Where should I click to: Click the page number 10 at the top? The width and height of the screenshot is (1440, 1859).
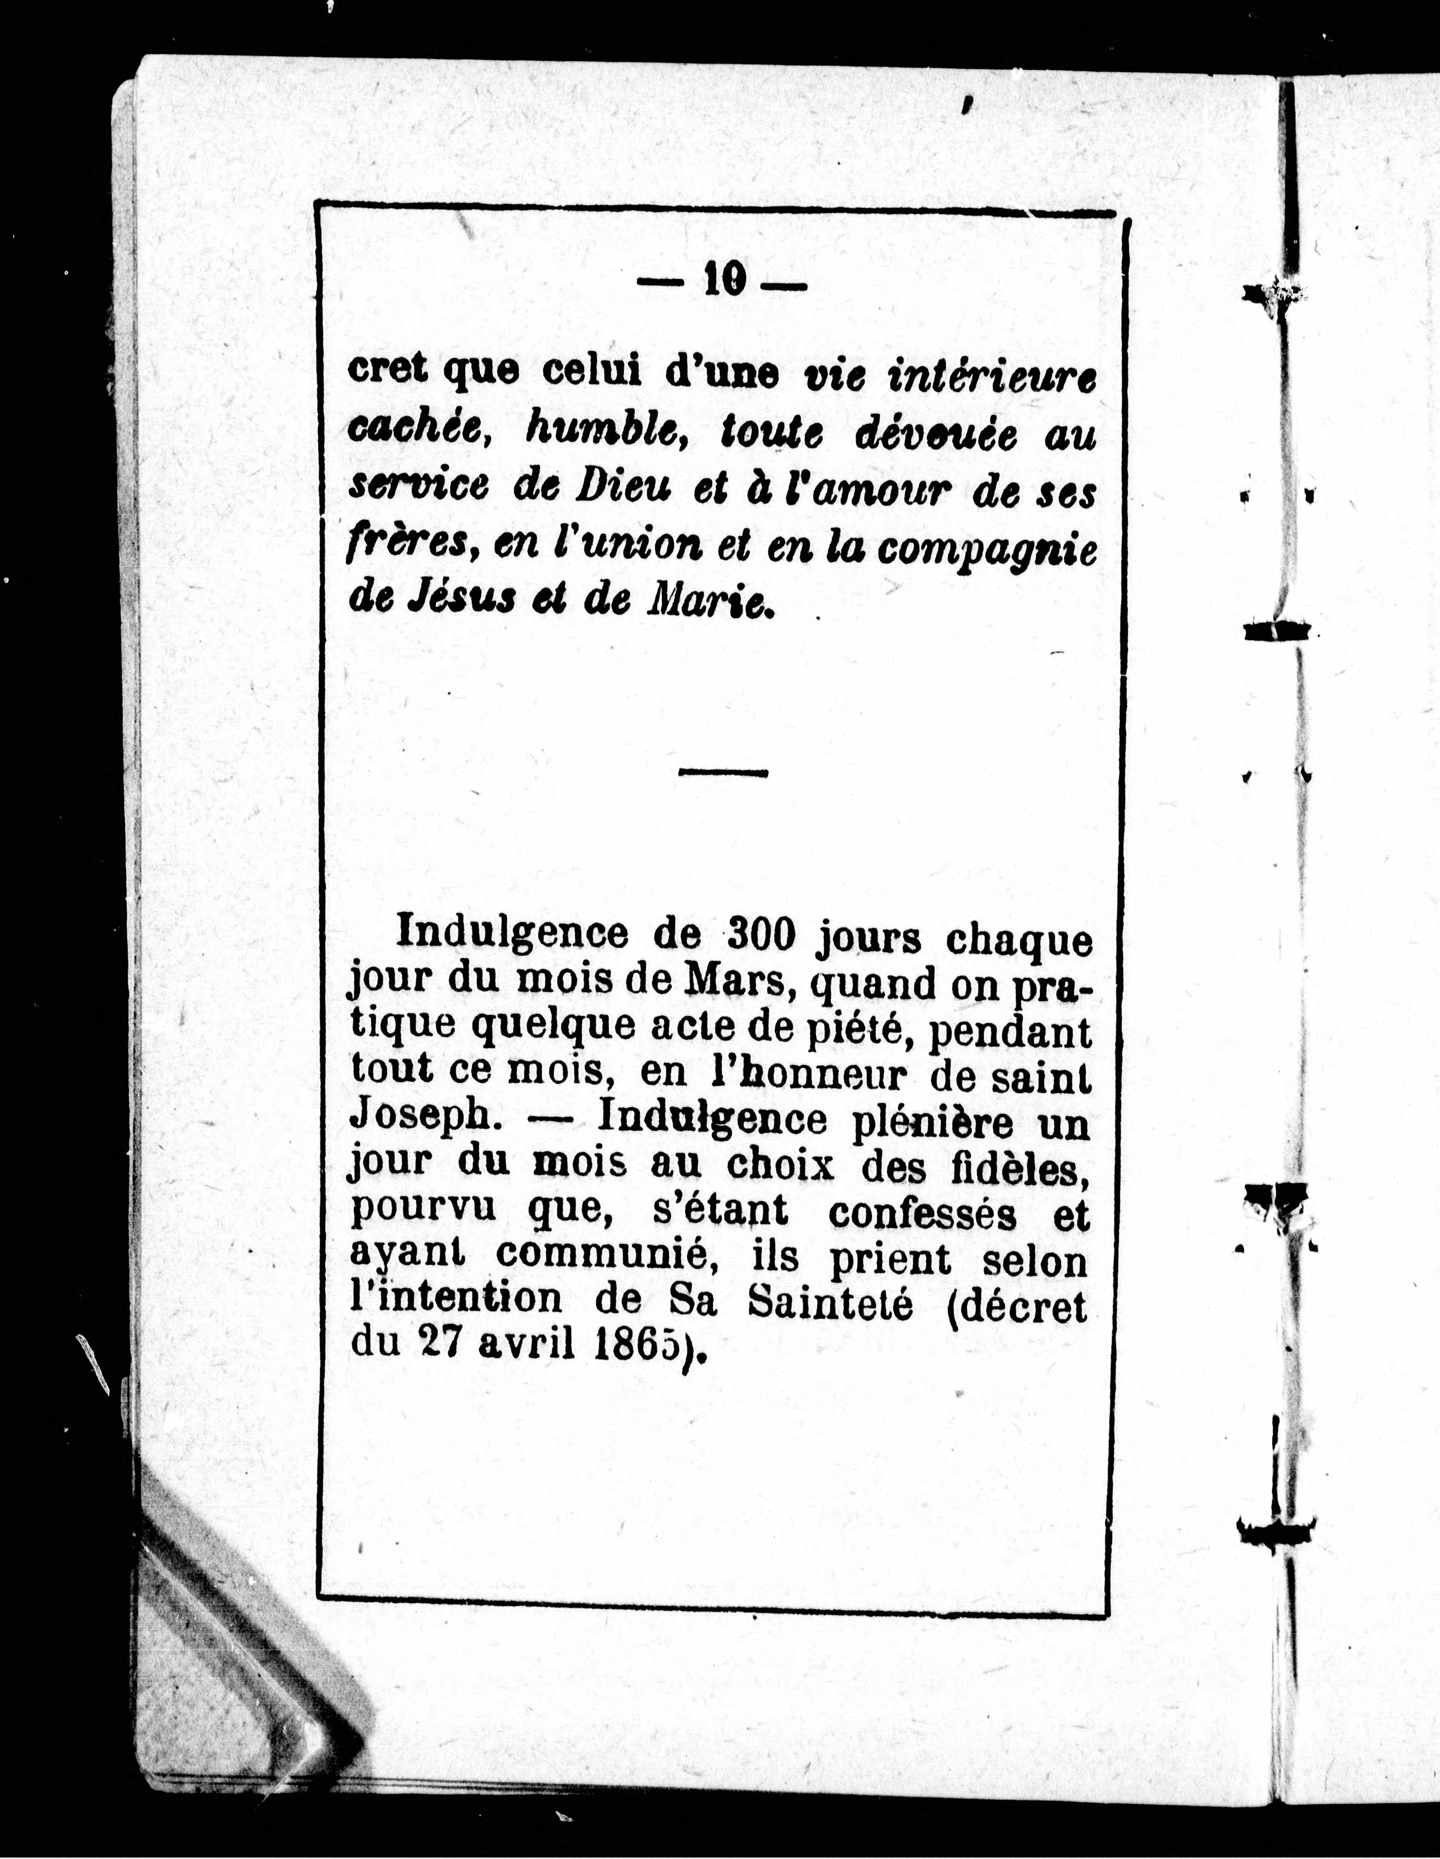[724, 279]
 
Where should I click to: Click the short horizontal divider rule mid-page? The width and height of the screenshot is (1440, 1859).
[723, 772]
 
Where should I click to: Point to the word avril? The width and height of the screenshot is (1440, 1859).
[526, 1346]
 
